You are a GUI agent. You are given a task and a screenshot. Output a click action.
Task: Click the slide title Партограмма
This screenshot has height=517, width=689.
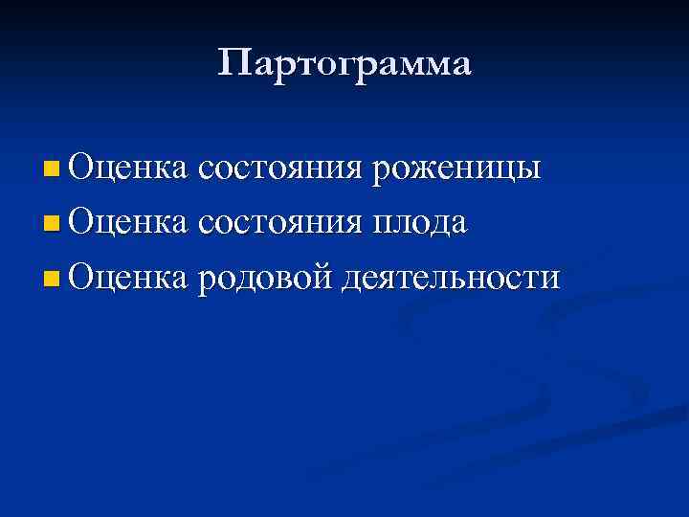pyautogui.click(x=344, y=65)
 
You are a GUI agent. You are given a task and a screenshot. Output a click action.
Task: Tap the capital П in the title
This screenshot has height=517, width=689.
pyautogui.click(x=233, y=64)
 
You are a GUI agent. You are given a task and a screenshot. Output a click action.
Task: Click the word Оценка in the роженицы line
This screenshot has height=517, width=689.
pyautogui.click(x=128, y=169)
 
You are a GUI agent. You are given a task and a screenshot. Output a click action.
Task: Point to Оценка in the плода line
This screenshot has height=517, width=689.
pyautogui.click(x=128, y=223)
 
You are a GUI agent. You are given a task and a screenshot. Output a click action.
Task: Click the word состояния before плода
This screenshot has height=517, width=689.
pyautogui.click(x=280, y=225)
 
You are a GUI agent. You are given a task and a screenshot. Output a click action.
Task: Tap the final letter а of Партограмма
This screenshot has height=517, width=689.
pyautogui.click(x=461, y=67)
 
